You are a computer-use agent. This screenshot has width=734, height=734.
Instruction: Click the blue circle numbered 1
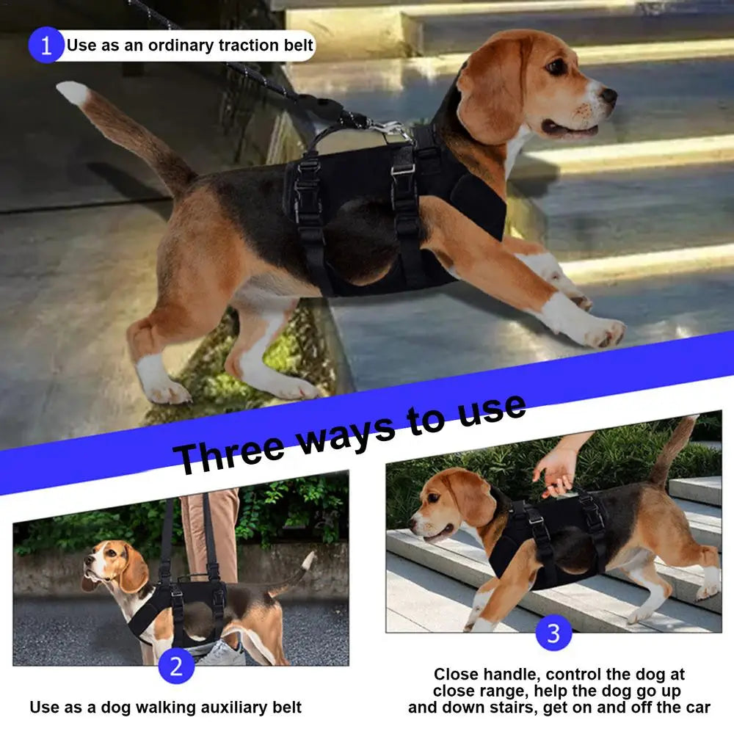pyautogui.click(x=46, y=46)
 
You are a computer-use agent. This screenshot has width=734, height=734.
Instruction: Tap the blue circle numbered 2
pyautogui.click(x=176, y=666)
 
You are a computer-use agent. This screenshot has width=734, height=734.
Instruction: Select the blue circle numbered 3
pyautogui.click(x=553, y=633)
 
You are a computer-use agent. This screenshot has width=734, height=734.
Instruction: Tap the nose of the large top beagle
pyautogui.click(x=608, y=95)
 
